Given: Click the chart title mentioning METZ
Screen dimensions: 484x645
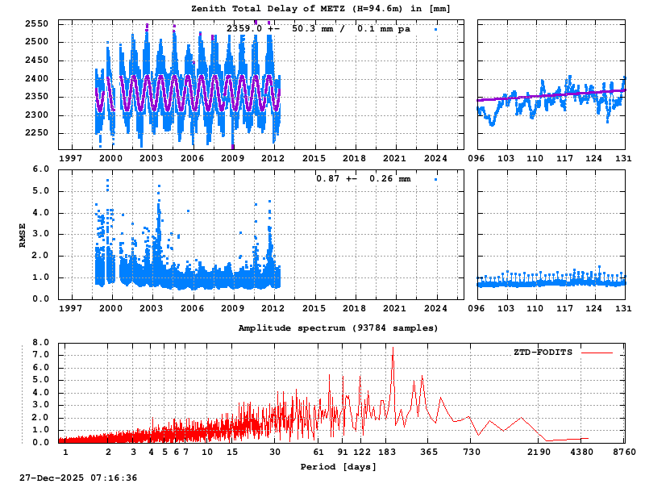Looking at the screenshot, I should [320, 9].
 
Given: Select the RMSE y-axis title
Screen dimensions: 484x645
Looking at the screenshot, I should [23, 234].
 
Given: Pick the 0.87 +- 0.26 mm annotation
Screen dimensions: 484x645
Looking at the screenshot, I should [363, 178].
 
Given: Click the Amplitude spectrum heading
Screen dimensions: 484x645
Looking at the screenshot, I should [339, 328].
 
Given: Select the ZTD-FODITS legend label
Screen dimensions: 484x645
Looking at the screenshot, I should [543, 353].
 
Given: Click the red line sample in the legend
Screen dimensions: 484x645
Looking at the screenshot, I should [597, 353].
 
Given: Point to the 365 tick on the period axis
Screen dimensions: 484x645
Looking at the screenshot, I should [429, 453].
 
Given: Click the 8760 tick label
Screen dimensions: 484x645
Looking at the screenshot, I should [625, 453].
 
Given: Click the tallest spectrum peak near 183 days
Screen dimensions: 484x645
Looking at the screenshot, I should [393, 348].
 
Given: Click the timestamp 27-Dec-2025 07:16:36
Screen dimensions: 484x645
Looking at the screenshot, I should [78, 478].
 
